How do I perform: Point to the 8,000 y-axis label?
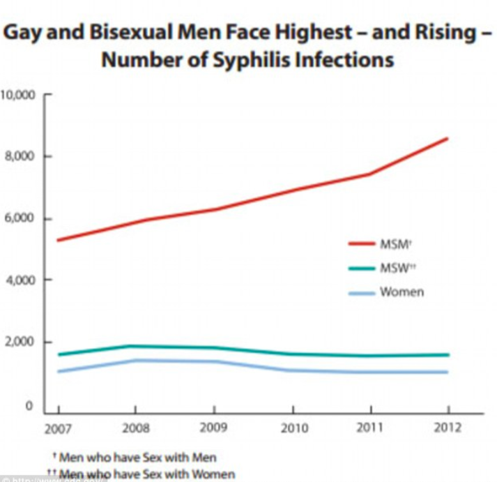click(x=21, y=156)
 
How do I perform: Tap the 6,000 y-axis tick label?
click(x=21, y=219)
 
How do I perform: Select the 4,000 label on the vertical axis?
click(x=21, y=280)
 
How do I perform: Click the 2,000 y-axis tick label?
click(x=21, y=342)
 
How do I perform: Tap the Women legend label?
click(x=401, y=292)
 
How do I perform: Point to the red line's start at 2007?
click(x=58, y=240)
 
